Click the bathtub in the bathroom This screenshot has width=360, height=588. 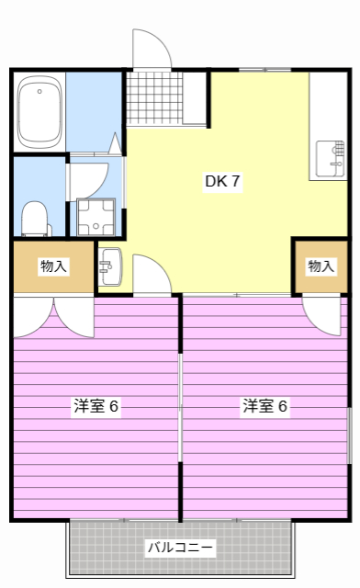(39, 110)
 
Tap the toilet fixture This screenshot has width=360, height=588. (34, 217)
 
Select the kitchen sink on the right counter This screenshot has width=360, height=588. (329, 158)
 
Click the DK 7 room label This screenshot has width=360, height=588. (221, 181)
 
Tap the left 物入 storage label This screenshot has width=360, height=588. (53, 266)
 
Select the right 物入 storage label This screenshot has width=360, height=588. (321, 266)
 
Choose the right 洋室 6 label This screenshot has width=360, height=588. (265, 406)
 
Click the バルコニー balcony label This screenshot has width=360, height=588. (181, 548)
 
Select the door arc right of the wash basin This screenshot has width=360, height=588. (150, 273)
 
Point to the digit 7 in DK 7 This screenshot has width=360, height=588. (235, 181)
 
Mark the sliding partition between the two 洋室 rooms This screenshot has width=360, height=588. (181, 404)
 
